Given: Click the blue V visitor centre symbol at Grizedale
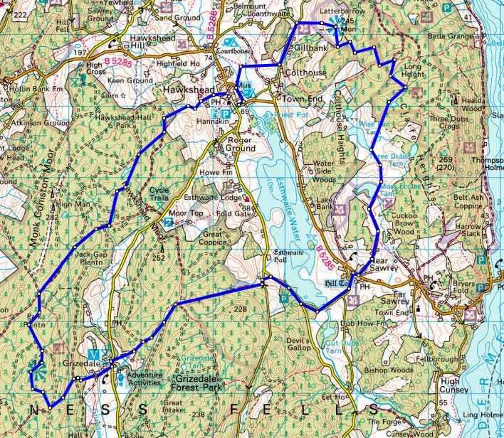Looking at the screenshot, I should [93, 353].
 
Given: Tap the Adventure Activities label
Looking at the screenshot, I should [144, 378].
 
